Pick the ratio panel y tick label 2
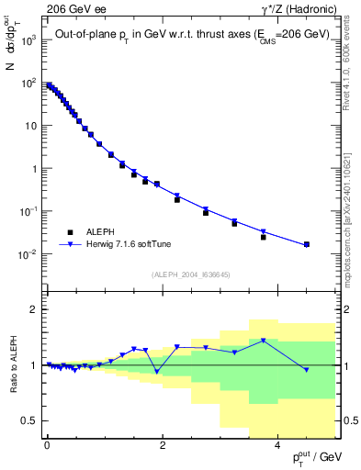coord(35,309)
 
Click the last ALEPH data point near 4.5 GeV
coord(306,244)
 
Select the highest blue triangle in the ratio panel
coord(264,341)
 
